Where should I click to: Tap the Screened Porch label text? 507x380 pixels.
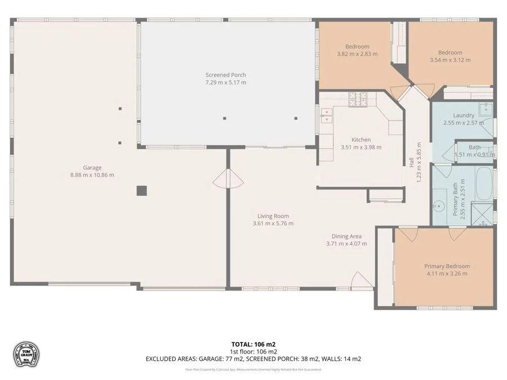coord(225,75)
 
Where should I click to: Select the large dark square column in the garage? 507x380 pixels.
coord(142,191)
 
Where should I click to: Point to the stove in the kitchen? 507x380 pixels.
coord(357,100)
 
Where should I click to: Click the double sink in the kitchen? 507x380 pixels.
coord(326,115)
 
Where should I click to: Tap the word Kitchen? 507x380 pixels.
coord(361,140)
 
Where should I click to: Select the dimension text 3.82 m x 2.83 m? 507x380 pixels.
coord(357,54)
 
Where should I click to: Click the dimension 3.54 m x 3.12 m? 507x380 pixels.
coord(450,60)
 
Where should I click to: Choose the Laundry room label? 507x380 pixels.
coord(464,115)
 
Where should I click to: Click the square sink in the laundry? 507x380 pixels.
coord(486,109)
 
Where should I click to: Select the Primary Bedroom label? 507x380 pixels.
coord(447,266)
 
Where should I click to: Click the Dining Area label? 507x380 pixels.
coord(346,236)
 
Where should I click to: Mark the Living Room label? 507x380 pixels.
coord(273,216)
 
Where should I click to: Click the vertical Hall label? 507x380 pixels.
coord(412,162)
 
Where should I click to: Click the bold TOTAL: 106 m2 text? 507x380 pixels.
coord(253,344)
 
